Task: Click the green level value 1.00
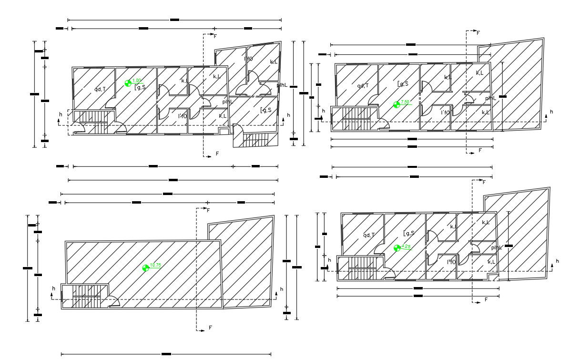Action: tap(137, 81)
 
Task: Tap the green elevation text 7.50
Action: tap(405, 102)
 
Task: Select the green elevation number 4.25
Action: tap(407, 246)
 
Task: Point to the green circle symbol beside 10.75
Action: tap(146, 267)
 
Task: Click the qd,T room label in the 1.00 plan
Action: tap(100, 89)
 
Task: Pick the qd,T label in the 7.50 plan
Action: tap(363, 86)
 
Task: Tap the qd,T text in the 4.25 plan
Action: tap(369, 235)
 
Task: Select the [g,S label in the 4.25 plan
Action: tap(409, 233)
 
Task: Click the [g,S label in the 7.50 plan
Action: tap(403, 84)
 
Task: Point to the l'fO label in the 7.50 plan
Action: tap(445, 113)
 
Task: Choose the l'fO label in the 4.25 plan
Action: tap(451, 262)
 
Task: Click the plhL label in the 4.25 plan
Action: tap(497, 247)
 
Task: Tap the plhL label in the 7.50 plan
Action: tap(490, 98)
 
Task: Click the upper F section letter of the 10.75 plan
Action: tap(208, 210)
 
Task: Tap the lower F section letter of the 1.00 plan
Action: tap(217, 154)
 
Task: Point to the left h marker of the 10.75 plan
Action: tap(53, 288)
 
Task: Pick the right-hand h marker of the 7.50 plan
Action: tap(551, 112)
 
